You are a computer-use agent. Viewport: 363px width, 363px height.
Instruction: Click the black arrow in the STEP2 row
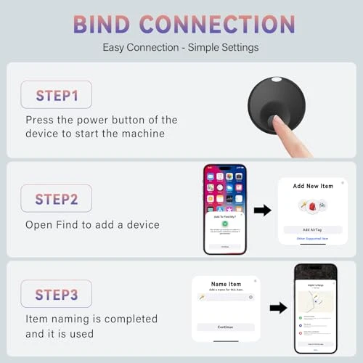pyautogui.click(x=262, y=211)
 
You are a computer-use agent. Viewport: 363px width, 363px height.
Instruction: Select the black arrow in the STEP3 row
pyautogui.click(x=278, y=307)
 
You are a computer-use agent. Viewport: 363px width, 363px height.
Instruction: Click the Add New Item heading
pyautogui.click(x=313, y=187)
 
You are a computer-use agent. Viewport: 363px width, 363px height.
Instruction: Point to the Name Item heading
pyautogui.click(x=226, y=285)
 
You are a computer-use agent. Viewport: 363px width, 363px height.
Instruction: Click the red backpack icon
pyautogui.click(x=313, y=207)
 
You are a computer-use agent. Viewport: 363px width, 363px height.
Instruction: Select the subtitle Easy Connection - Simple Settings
pyautogui.click(x=181, y=48)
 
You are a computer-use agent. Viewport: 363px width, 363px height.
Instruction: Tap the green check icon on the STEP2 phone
pyautogui.click(x=224, y=223)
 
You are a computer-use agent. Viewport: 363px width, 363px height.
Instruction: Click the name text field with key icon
pyautogui.click(x=225, y=298)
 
